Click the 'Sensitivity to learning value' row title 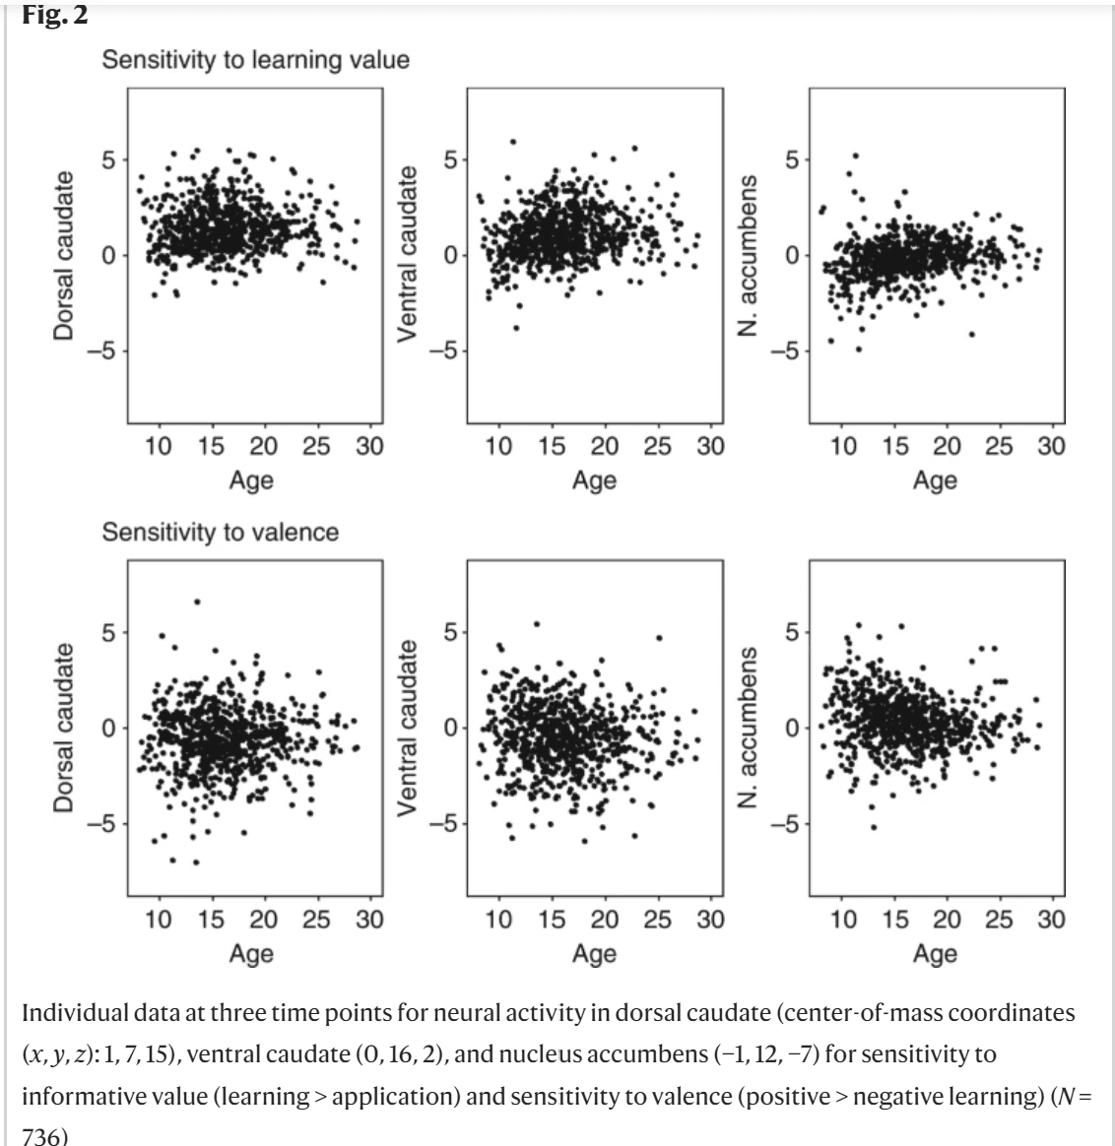click(x=256, y=60)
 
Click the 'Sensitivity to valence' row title click(x=221, y=533)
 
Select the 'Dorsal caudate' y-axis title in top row click(x=64, y=256)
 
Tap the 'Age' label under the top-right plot click(x=935, y=480)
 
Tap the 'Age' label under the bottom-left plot click(x=251, y=953)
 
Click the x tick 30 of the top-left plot click(x=369, y=446)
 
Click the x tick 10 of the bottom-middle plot click(x=499, y=919)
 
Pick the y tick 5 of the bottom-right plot click(x=790, y=632)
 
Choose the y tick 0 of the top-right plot click(x=790, y=256)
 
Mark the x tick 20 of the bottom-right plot click(x=947, y=919)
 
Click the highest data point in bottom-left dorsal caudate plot click(x=197, y=602)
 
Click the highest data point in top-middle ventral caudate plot click(x=512, y=142)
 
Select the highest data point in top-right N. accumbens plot click(x=855, y=156)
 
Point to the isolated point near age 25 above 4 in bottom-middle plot click(x=659, y=638)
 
